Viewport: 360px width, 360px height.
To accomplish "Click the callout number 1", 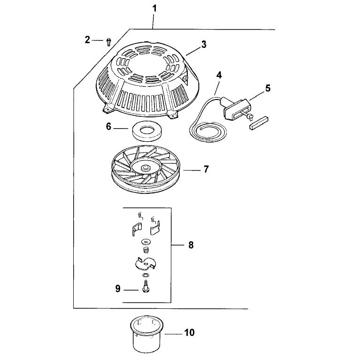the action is [154, 9].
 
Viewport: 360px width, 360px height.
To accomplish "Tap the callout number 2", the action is [87, 40].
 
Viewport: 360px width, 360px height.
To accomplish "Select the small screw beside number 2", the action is [108, 42].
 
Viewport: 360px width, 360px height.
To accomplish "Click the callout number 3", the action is [204, 44].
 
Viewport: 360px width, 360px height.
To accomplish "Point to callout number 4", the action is [219, 75].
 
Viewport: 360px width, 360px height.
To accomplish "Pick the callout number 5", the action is [268, 88].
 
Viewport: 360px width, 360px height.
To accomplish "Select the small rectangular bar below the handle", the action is [259, 123].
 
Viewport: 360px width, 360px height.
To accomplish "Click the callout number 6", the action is [108, 127].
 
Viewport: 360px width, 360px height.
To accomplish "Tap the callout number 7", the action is [206, 169].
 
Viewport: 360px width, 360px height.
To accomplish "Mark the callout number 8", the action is [191, 245].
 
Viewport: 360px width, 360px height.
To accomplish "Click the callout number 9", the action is [118, 289].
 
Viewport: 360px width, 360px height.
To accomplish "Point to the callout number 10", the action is [190, 332].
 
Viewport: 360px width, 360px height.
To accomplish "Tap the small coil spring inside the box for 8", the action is [146, 250].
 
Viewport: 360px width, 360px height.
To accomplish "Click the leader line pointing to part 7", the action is [191, 170].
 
